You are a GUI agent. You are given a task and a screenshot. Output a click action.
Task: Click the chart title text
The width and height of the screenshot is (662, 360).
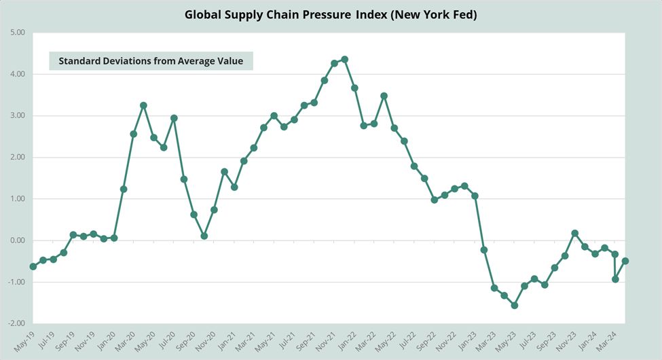(x=331, y=14)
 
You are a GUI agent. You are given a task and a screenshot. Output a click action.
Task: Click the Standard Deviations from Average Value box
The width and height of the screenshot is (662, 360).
(x=151, y=60)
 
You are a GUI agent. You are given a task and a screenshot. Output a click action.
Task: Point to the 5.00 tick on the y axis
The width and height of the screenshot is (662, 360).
(x=16, y=32)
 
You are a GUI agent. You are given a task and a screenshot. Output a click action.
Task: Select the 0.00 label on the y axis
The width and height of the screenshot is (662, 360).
(x=16, y=240)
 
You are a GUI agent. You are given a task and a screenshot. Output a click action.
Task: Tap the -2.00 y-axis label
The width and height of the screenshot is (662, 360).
(x=16, y=324)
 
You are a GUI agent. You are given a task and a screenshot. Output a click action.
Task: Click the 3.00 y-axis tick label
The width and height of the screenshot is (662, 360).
(x=16, y=115)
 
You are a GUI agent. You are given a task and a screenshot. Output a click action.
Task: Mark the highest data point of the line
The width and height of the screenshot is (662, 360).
(x=344, y=59)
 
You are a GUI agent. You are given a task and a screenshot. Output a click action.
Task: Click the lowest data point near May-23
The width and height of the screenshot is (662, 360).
(x=515, y=306)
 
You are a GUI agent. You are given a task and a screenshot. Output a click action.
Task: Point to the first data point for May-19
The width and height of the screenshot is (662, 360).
(x=33, y=266)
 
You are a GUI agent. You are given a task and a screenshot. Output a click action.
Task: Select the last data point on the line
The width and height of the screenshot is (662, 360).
(x=625, y=261)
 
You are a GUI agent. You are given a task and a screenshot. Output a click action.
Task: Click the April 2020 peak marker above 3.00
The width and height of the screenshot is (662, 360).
(x=143, y=105)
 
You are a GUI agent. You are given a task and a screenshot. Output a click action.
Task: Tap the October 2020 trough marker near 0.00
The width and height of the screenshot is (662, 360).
(x=204, y=236)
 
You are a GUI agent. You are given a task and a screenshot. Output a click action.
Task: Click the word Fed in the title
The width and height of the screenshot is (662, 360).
(x=462, y=14)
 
